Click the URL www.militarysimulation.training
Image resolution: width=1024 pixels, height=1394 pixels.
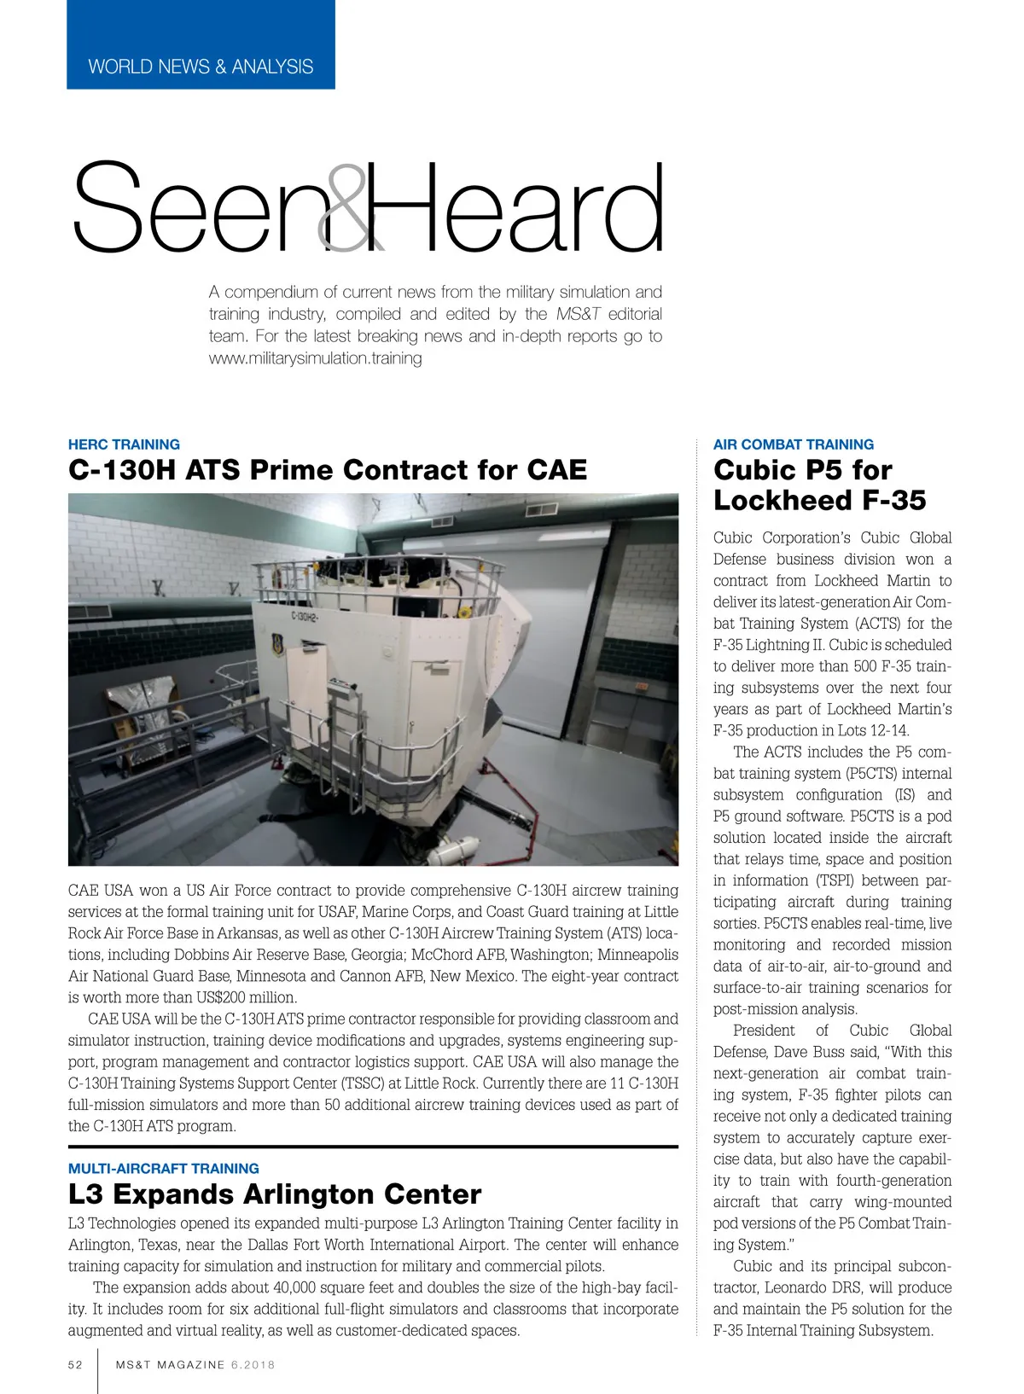click(x=316, y=358)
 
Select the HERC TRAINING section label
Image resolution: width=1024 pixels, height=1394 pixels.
click(x=124, y=444)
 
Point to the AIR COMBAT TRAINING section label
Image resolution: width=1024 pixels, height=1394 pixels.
click(x=794, y=444)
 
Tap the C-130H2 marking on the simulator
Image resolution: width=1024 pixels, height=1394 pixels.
click(x=305, y=616)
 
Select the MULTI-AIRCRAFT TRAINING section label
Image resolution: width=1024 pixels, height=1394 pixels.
click(x=164, y=1169)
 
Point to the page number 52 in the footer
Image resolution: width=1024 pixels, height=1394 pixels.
click(x=76, y=1364)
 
